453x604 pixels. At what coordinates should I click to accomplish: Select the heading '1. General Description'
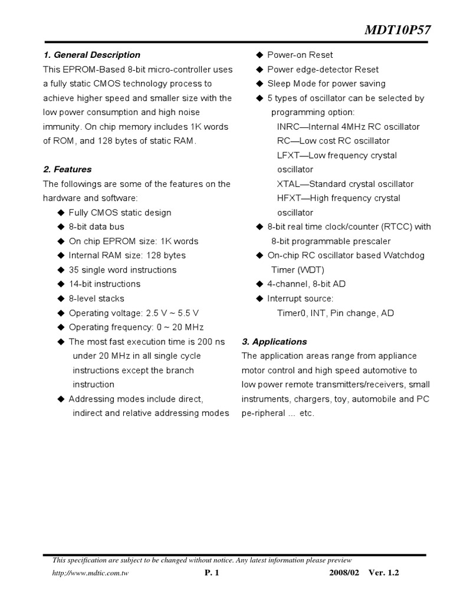tap(91, 55)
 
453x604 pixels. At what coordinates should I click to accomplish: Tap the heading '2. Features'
tap(67, 169)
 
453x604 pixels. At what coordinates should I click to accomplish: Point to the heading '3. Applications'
tap(274, 342)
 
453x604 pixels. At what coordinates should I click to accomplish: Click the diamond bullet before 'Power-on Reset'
tap(259, 55)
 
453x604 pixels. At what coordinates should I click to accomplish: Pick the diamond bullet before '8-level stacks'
tap(60, 298)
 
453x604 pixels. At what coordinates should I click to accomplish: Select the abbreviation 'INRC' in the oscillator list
tap(288, 127)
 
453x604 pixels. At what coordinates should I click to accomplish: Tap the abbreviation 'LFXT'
tap(288, 155)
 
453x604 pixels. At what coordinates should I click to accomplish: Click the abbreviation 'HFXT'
tap(288, 198)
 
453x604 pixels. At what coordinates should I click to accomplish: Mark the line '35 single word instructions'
tap(123, 270)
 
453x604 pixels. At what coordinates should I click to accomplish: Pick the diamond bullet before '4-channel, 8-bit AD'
tap(259, 284)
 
